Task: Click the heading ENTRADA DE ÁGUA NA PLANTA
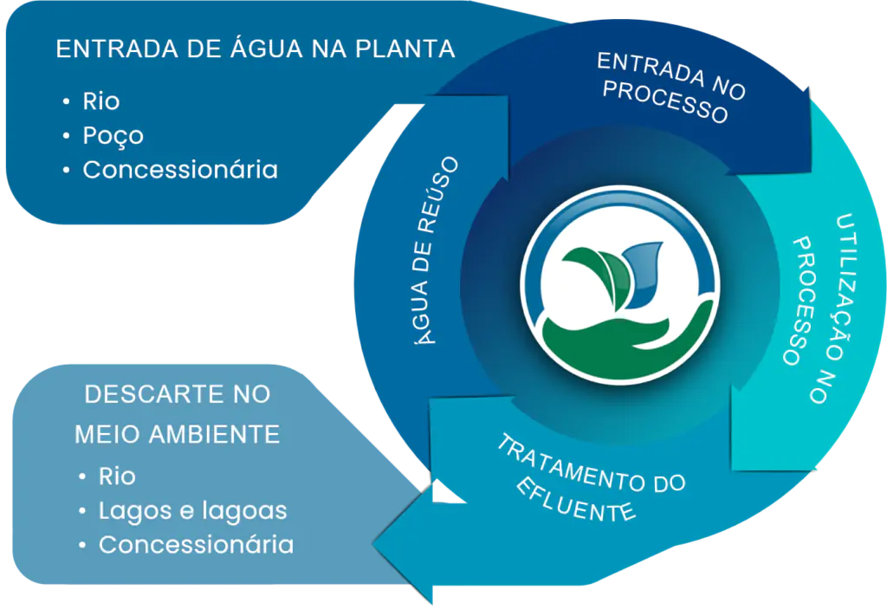(256, 49)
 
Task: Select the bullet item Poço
(113, 136)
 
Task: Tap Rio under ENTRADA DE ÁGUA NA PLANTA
(101, 101)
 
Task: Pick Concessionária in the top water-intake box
(180, 170)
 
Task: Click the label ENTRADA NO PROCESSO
(671, 87)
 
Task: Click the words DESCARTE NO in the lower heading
(177, 394)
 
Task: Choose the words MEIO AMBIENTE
(177, 434)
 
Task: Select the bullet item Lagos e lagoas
(193, 510)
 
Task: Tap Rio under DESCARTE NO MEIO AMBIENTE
(117, 476)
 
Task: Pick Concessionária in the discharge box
(197, 545)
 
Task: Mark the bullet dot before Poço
(67, 136)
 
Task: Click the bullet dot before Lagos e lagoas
(82, 511)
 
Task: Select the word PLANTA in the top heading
(405, 49)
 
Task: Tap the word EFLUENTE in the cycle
(576, 499)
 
